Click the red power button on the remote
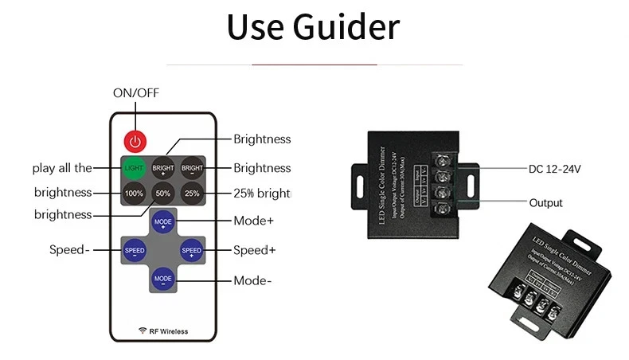(135, 141)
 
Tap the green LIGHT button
(134, 168)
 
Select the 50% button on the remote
(162, 193)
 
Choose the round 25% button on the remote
(192, 193)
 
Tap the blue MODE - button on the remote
(163, 279)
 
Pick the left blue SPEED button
(135, 250)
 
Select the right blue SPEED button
(192, 250)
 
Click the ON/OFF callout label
(136, 92)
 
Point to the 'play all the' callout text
(62, 168)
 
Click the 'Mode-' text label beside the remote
(252, 280)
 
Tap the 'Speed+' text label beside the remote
(254, 250)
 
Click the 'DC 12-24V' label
(555, 169)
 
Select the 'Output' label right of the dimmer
(545, 203)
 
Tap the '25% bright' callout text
(262, 193)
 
